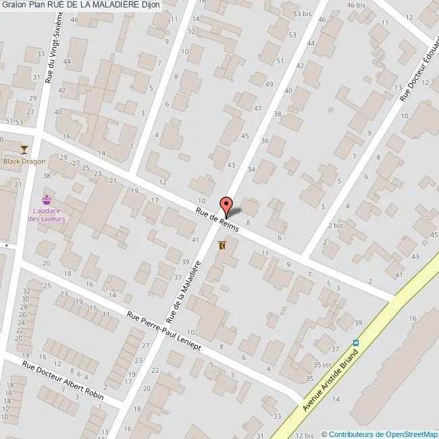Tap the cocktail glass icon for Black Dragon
point(25,149)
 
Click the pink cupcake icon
point(47,199)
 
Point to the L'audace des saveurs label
point(49,215)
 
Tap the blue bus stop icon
point(356,342)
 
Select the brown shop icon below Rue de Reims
point(223,247)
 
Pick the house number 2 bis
point(335,225)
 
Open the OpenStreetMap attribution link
point(382,434)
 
